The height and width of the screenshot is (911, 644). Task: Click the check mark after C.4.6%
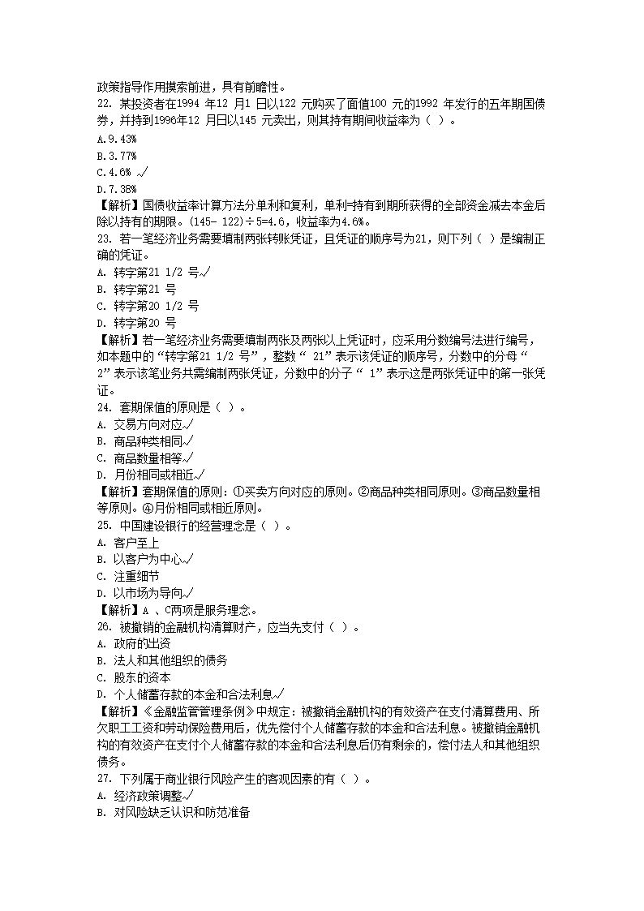click(x=144, y=172)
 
